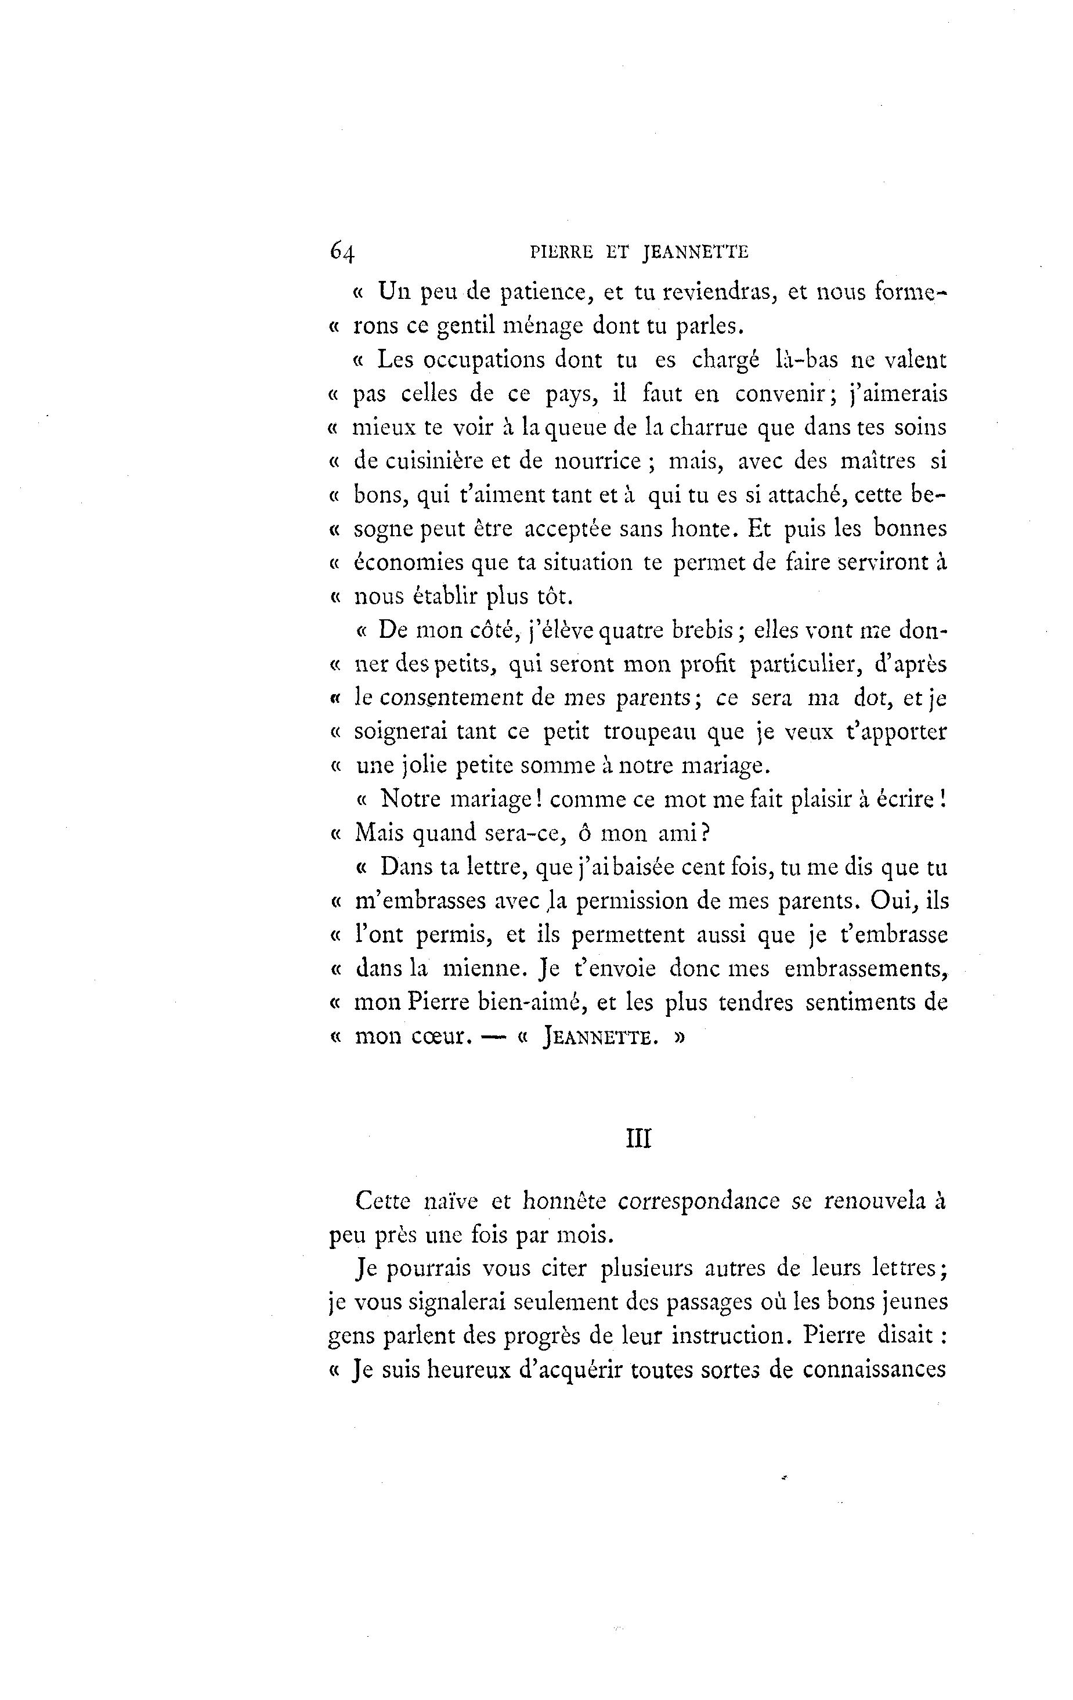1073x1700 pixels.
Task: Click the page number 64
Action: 342,251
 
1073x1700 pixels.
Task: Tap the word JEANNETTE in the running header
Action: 695,252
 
